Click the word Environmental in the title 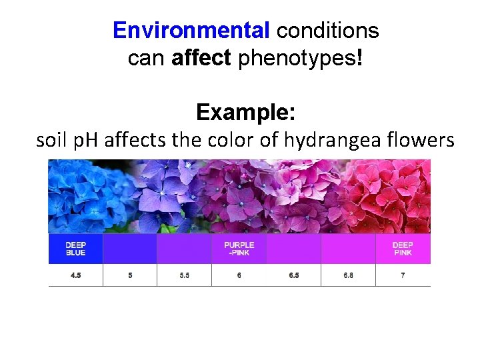tap(191, 31)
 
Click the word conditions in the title tap(327, 31)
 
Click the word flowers tap(425, 141)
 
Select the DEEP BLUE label tap(75, 249)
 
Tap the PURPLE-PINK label tap(239, 249)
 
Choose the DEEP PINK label tap(403, 249)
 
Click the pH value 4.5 tap(75, 275)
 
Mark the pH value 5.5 tap(184, 275)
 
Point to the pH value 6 tap(239, 275)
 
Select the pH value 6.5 tap(294, 275)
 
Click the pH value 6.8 tap(348, 275)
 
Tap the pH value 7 tap(403, 275)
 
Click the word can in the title tap(147, 59)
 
